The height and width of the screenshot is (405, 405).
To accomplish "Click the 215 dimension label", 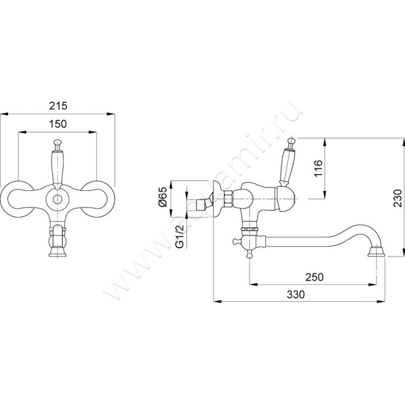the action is pyautogui.click(x=58, y=106).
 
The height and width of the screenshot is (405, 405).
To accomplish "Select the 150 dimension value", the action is pyautogui.click(x=58, y=124).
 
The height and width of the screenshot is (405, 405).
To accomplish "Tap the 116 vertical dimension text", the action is pyautogui.click(x=319, y=169).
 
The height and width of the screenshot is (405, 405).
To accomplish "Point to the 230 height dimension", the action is pyautogui.click(x=398, y=198).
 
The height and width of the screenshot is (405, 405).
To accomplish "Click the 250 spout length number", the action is pyautogui.click(x=314, y=277).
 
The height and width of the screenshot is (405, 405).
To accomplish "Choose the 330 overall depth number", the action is pyautogui.click(x=296, y=294).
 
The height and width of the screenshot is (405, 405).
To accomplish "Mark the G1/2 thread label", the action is pyautogui.click(x=180, y=236).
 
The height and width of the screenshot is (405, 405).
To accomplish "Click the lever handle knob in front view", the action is pyautogui.click(x=57, y=143).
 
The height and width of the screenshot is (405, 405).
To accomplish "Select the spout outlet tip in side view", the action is pyautogui.click(x=376, y=252).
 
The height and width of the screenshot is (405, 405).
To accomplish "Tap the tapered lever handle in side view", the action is pyautogui.click(x=286, y=165).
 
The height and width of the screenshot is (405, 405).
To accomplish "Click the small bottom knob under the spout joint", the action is pyautogui.click(x=249, y=254).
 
